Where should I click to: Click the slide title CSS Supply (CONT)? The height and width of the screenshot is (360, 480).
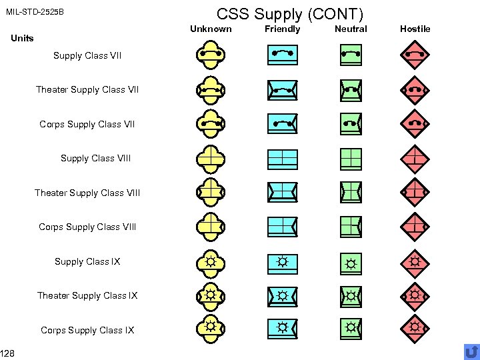pyautogui.click(x=291, y=13)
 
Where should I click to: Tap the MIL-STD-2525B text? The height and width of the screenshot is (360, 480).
pyautogui.click(x=35, y=13)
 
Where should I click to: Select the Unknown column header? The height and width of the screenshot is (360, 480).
pyautogui.click(x=211, y=29)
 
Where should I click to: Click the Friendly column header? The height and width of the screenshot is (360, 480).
pyautogui.click(x=283, y=29)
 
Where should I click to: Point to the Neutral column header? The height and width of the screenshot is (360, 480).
pyautogui.click(x=351, y=29)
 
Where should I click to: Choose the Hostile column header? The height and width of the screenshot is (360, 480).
pyautogui.click(x=415, y=29)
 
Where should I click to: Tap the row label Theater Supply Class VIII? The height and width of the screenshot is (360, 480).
pyautogui.click(x=87, y=193)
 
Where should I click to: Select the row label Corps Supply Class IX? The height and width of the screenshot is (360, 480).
pyautogui.click(x=87, y=330)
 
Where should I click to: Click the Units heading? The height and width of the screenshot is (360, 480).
pyautogui.click(x=23, y=38)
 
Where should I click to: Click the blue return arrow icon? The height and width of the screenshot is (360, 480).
pyautogui.click(x=471, y=351)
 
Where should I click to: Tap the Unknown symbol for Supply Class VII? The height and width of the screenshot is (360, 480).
pyautogui.click(x=211, y=55)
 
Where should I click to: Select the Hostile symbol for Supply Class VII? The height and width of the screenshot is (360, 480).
pyautogui.click(x=415, y=55)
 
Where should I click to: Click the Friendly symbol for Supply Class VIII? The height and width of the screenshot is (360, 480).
pyautogui.click(x=283, y=158)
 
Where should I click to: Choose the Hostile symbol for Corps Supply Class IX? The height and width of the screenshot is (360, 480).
pyautogui.click(x=415, y=327)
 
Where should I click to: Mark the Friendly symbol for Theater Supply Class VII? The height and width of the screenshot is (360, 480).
pyautogui.click(x=283, y=89)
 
